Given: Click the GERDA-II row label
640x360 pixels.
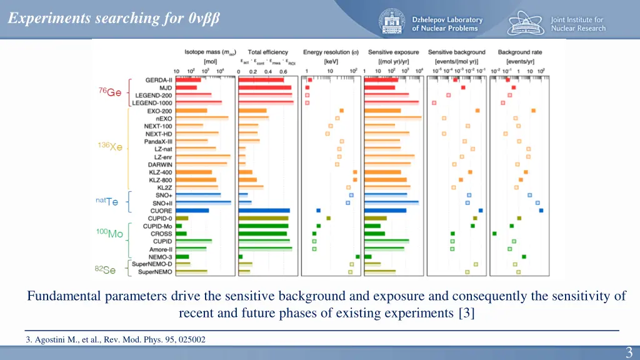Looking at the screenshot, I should pos(159,80).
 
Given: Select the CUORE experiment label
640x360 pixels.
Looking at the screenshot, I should pos(161,211).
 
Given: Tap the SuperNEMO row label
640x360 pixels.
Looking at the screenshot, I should pos(155,272).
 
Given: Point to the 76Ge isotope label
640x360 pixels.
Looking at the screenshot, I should pos(110,92).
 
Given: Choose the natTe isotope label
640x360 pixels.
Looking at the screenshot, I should pos(107,201).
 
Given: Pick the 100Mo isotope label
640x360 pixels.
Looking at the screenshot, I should pos(109,233).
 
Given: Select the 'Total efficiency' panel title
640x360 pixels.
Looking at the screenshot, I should pos(267,52).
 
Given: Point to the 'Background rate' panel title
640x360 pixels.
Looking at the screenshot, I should pos(519,52).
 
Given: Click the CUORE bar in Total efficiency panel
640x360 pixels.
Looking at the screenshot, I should pos(264,211).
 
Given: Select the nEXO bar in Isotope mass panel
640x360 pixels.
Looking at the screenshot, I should pos(202,118).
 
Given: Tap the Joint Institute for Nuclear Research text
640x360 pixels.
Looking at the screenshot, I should pos(577,24).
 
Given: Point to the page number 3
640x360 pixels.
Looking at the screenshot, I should pos(629,352).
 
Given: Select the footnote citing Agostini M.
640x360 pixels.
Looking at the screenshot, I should pos(116,339).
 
